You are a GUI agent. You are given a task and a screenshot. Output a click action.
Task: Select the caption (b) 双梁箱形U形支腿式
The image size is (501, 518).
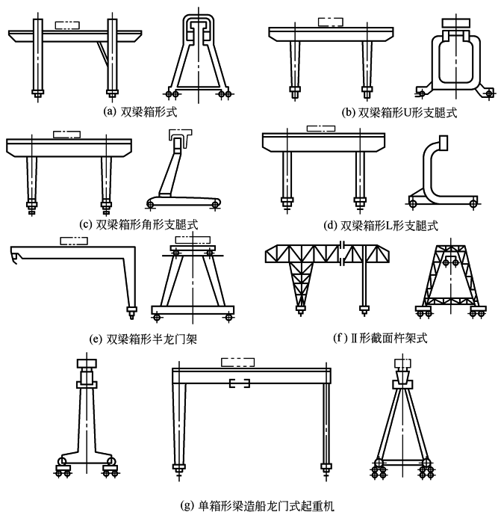click(x=399, y=113)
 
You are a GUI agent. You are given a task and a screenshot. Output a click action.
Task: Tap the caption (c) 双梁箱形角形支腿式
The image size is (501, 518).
click(x=138, y=223)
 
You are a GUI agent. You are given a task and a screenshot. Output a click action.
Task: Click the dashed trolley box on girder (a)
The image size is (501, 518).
click(x=66, y=25)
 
